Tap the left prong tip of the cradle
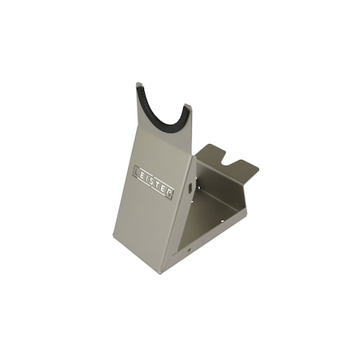point(139,85)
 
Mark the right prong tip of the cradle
point(187,106)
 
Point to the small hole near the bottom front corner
point(189,250)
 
